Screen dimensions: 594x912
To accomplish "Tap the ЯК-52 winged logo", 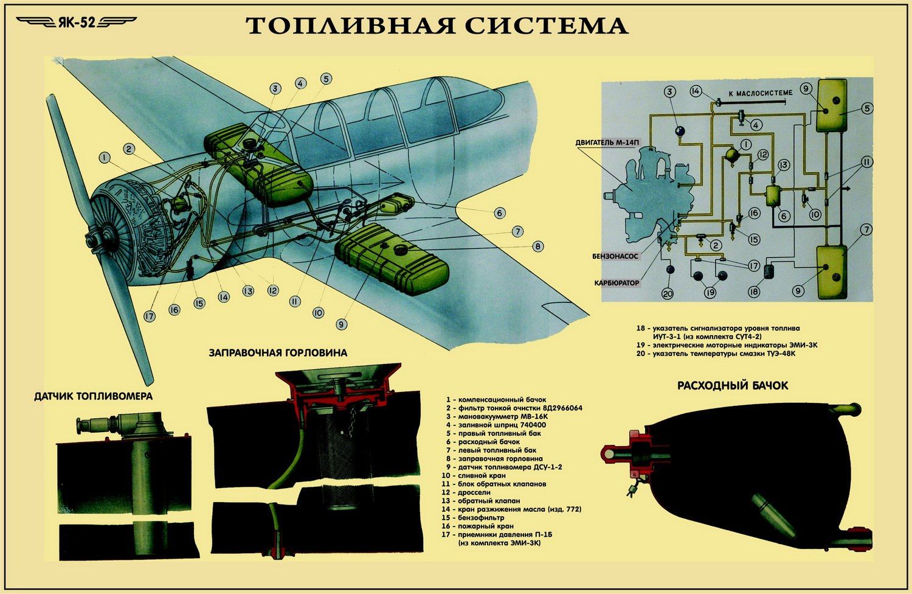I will click(x=77, y=23).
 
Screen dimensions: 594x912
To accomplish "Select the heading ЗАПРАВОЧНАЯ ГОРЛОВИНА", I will click(x=278, y=352).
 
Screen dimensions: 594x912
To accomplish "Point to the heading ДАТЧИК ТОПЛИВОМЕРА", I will click(x=94, y=396).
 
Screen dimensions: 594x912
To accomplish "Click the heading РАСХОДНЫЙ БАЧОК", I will click(x=733, y=385).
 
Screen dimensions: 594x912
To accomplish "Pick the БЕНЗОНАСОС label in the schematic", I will click(x=615, y=256).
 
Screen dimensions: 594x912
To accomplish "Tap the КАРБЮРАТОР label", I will click(x=617, y=283).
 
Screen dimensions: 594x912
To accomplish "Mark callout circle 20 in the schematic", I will click(x=668, y=293).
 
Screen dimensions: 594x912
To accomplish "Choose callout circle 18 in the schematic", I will click(x=754, y=292).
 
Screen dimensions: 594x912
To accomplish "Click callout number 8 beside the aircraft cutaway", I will click(x=537, y=246).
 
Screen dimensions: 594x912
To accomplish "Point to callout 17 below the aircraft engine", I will click(x=150, y=316).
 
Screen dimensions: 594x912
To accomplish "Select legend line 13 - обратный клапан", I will click(x=483, y=501).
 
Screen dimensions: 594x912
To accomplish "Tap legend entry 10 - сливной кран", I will click(x=474, y=475).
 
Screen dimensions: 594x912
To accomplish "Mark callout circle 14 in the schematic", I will click(x=696, y=91).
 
